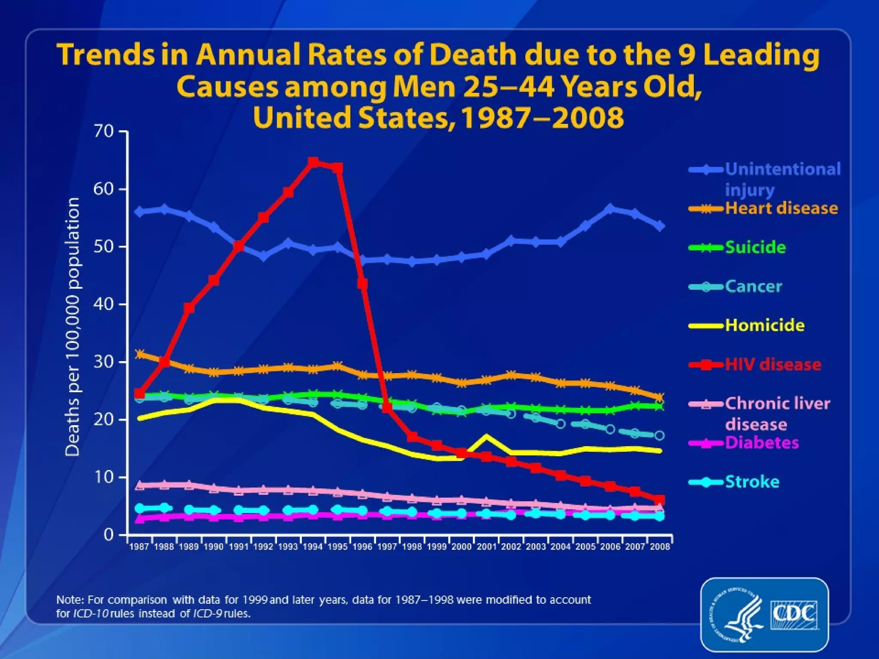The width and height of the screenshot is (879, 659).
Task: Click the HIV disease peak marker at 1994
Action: point(313,162)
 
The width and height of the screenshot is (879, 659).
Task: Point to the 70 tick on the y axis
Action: point(103,131)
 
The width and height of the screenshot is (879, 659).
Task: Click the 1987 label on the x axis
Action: point(139,547)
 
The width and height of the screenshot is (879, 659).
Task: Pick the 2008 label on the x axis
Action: point(660,547)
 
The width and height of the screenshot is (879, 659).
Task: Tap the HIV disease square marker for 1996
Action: point(363,284)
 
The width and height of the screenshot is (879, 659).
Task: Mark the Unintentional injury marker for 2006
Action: point(610,209)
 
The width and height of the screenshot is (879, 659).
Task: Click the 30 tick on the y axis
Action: point(103,362)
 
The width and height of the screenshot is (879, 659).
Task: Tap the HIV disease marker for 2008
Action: point(660,500)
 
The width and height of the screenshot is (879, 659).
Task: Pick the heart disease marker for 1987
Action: point(139,354)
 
